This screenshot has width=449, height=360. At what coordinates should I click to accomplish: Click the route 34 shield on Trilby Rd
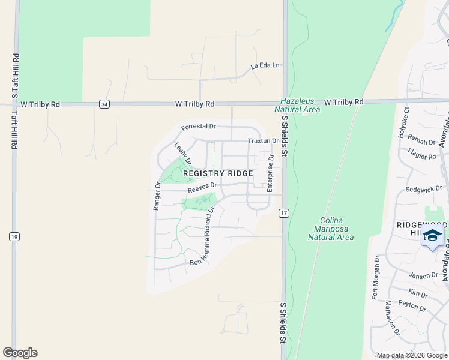coord(104,104)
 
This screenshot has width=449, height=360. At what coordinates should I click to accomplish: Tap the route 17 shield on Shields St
coord(284,213)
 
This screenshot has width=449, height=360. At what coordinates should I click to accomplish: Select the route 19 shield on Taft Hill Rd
coord(13,236)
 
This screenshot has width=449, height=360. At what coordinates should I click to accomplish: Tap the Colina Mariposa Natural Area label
coord(330,229)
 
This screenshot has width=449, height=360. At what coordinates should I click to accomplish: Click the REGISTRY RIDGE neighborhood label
coord(218,173)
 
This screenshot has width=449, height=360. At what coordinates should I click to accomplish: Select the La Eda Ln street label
coord(265,65)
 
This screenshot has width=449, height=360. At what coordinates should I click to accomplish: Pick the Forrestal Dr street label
coord(199,127)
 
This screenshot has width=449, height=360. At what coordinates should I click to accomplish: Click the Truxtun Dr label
coord(262,141)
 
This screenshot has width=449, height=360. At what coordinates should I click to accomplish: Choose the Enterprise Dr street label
coord(270,174)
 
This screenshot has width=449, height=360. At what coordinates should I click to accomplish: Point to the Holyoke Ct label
coord(403,122)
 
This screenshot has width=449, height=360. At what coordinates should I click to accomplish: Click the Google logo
coord(20,353)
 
